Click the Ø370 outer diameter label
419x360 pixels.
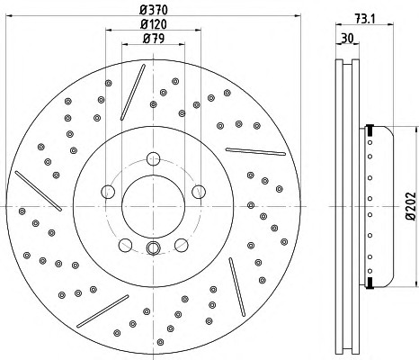point(154,11)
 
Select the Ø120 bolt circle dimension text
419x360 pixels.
point(154,24)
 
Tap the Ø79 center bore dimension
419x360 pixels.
point(154,39)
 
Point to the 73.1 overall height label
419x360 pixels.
point(365,19)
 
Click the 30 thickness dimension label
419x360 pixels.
point(348,38)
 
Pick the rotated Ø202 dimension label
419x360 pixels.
point(411,206)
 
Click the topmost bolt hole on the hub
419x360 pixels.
point(153,158)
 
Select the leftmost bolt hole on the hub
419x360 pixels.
point(108,192)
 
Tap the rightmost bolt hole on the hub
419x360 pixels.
point(199,192)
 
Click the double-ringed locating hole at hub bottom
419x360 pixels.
point(153,247)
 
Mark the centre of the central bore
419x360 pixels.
point(153,206)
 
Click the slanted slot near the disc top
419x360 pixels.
point(133,92)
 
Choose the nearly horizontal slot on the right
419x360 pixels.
point(255,151)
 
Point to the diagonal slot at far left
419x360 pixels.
point(38,191)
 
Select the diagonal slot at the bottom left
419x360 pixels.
point(103,311)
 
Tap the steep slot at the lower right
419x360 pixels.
point(237,287)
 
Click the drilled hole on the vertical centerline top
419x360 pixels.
point(154,104)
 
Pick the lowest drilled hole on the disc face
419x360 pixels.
point(160,342)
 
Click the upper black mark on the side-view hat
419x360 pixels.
point(370,130)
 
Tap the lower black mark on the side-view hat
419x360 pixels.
point(370,283)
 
